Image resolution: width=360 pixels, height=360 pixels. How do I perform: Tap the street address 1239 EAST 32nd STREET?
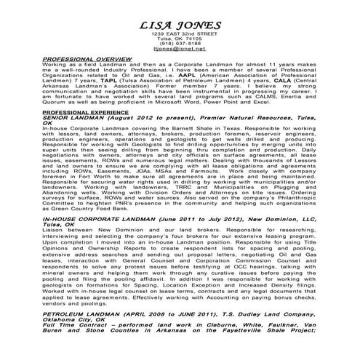tap(179, 35)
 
